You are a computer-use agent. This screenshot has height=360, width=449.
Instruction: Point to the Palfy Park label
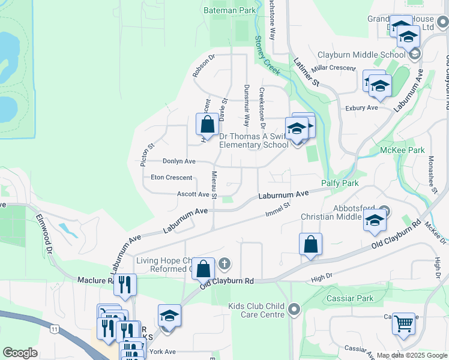coord(340,182)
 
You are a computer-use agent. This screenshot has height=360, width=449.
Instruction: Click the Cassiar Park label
coord(350,298)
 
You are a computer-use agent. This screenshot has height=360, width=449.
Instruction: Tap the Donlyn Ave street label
coord(179,161)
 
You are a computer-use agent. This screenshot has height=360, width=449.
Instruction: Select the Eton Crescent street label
coord(171,178)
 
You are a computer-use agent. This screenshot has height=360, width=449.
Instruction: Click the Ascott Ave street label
coord(193,194)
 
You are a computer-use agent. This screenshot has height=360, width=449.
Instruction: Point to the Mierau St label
coord(214,185)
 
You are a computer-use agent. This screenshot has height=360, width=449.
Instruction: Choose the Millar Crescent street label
coord(333,68)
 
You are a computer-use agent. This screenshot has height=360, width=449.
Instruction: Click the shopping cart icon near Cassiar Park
coord(403,324)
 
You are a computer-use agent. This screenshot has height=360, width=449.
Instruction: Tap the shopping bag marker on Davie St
coord(207,125)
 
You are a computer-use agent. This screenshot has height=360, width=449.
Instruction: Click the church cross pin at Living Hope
coord(224,262)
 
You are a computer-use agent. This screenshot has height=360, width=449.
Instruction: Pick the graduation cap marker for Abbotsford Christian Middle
coord(374,220)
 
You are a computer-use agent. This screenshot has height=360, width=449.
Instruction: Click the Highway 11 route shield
coord(55,329)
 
